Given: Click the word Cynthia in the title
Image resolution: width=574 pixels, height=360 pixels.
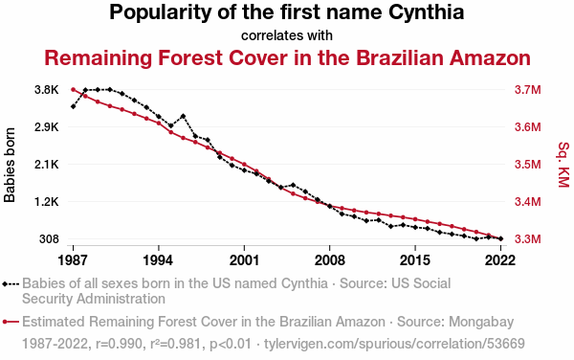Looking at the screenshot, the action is tap(426, 12).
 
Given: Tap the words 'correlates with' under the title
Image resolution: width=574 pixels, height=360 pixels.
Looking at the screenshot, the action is tap(287, 35).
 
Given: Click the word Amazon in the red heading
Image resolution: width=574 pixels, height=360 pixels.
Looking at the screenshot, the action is tap(490, 57).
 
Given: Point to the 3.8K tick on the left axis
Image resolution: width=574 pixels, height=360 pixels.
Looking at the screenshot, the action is tap(47, 90).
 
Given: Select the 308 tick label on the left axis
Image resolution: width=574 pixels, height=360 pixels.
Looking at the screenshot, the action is tap(49, 239).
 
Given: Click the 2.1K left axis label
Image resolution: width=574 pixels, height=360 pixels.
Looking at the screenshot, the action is tap(47, 165).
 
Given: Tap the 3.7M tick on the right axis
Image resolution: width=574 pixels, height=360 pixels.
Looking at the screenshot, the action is tap(527, 90).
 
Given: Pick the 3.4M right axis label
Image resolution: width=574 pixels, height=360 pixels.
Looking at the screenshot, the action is tap(527, 202).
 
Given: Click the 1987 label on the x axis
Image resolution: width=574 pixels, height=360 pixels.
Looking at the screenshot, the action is tap(73, 260).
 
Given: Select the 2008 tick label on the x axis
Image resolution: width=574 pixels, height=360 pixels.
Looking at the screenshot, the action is tap(329, 260).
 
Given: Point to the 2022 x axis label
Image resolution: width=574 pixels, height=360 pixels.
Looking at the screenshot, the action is tap(500, 260).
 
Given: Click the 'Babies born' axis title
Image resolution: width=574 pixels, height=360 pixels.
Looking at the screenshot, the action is tap(10, 165).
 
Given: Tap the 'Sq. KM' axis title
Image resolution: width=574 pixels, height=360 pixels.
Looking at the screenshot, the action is tap(563, 165).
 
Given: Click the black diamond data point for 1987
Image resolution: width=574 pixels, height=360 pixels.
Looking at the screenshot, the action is tap(74, 106).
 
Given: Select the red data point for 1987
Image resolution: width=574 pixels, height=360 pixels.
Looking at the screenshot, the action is tap(73, 90).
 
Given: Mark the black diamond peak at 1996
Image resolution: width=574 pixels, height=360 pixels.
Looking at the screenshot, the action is tap(183, 116).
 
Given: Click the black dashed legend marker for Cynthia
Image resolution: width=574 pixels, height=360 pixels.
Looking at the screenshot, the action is tap(11, 283).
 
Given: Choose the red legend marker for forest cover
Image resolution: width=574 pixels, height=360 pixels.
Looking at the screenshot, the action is tap(11, 322).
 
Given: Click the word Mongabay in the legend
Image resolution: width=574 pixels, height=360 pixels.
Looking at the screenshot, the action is tap(481, 323).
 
